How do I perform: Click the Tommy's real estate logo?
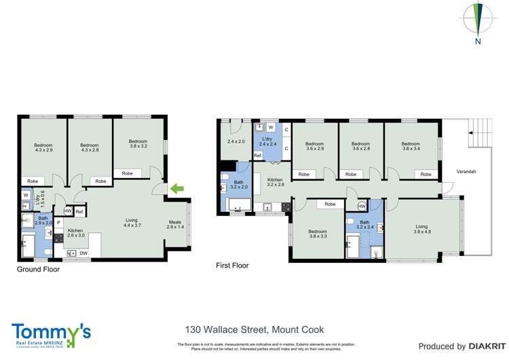coord(51,335)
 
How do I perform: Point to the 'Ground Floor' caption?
coord(38,270)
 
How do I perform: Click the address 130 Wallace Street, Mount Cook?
coord(250,330)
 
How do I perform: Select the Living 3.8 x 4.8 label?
coord(422,229)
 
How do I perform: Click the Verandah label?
coord(466,172)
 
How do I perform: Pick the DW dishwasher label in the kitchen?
coord(83,253)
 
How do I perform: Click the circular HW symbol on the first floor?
coord(362,206)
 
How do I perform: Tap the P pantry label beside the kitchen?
coord(58,223)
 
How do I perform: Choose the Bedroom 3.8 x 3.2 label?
coord(138,145)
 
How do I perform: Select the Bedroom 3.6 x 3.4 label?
coord(410,147)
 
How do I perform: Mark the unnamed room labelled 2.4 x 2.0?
coord(235,142)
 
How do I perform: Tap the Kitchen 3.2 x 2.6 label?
coord(275,181)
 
